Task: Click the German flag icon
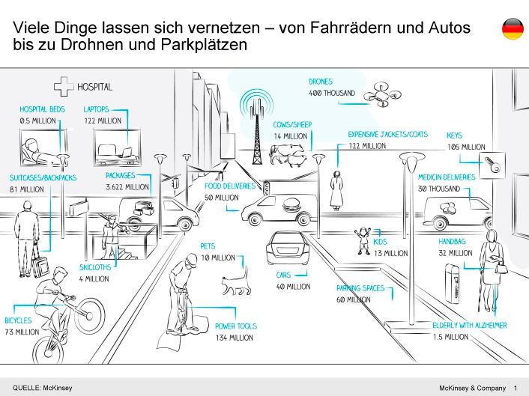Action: tap(513, 28)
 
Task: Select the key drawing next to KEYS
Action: tap(492, 165)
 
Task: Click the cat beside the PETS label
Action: tap(235, 283)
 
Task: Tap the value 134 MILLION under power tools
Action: tap(234, 338)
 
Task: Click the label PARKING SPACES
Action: tap(360, 288)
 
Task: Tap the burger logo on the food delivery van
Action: tap(291, 202)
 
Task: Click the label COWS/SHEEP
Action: tap(292, 125)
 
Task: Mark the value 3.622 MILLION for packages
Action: tap(127, 187)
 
